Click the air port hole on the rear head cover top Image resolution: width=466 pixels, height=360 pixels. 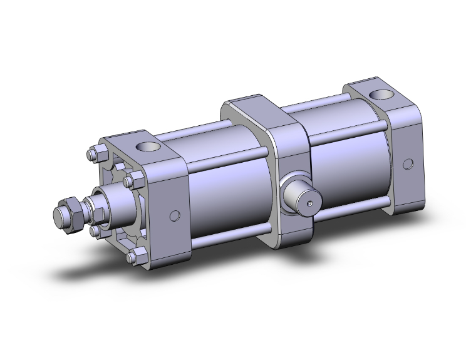coord(381,96)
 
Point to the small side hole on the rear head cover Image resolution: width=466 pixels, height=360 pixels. coord(408,165)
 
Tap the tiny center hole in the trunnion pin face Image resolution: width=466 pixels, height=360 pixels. coord(309,203)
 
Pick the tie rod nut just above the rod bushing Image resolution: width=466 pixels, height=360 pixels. coord(130,182)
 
